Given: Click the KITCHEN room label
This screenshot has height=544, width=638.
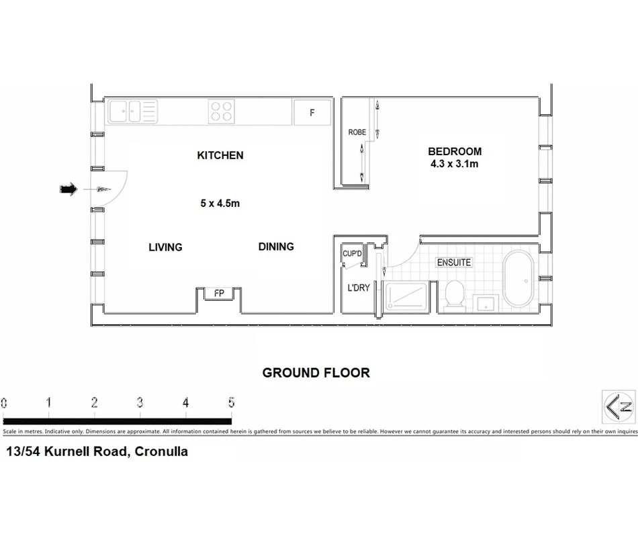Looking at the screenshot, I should pos(220,155).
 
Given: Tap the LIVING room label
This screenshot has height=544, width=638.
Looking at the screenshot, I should pos(165,247).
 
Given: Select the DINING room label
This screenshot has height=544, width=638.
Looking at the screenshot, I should pos(276,246).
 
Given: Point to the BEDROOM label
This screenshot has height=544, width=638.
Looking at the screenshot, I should pos(455,151).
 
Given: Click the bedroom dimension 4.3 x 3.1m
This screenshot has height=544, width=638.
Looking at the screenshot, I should pos(455,163).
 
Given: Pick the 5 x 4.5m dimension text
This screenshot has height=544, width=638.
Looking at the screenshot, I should pos(220,203).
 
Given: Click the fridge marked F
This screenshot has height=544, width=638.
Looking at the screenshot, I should pos(312,112).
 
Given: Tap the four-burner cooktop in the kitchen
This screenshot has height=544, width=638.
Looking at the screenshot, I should pos(221,111).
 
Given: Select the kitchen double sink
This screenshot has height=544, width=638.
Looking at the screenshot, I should pos(132,111).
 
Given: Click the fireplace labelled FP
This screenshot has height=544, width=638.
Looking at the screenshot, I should pos(219,293).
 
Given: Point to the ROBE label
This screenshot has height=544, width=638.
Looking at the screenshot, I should pos(357,132).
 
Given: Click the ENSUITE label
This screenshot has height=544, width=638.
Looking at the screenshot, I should pos(454,262).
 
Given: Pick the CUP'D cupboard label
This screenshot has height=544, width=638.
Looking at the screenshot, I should pos(353,254).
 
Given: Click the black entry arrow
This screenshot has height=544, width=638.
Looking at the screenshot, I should pos(69,189).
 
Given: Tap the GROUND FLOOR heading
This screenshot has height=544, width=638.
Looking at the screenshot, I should pos(316,373).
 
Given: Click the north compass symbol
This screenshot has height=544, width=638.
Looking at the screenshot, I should pos(619,406).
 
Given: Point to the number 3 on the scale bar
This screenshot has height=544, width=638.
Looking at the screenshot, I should pos(140,403).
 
